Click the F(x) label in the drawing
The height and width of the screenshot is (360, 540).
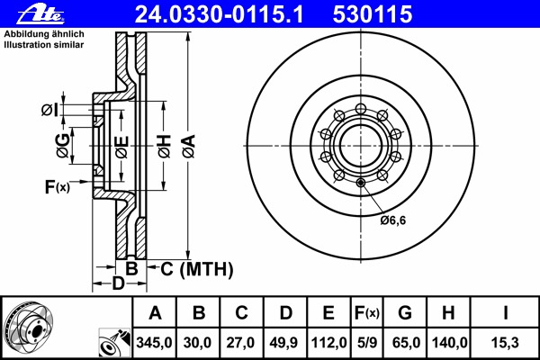(57, 187)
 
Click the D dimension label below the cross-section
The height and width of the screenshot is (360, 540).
(117, 285)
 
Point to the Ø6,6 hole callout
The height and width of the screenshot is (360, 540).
(392, 220)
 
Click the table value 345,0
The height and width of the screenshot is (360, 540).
(155, 343)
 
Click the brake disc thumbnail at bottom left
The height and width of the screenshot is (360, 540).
(31, 328)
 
